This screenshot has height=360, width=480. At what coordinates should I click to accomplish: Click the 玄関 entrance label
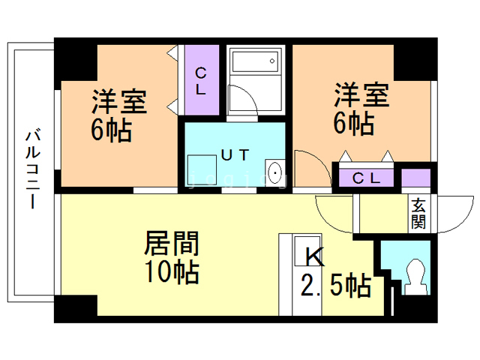tap(418, 214)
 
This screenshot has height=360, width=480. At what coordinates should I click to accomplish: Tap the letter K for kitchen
tap(314, 257)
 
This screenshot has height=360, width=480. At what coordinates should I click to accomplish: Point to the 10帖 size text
tap(172, 272)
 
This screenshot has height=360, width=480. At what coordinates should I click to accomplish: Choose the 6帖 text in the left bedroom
tap(112, 130)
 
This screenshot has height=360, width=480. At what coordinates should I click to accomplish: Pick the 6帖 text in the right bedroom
tap(353, 124)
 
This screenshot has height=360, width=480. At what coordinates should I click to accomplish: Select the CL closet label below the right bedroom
tap(368, 178)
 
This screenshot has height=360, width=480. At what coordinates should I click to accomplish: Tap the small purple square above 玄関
tap(416, 180)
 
